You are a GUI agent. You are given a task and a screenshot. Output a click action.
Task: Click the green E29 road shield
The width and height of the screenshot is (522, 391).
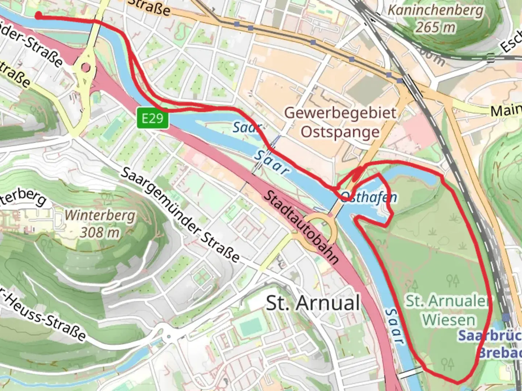(x=153, y=118)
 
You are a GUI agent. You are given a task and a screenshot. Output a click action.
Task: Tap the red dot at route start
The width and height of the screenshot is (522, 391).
(x=38, y=15)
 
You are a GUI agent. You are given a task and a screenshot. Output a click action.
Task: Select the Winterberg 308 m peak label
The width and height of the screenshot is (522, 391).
(x=100, y=224)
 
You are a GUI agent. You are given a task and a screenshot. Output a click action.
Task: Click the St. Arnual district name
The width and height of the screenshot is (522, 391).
(x=313, y=303)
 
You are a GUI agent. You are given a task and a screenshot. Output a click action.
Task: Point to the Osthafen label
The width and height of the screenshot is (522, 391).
(x=369, y=197)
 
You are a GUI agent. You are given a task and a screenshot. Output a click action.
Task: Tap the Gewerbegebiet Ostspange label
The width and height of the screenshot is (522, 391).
(x=340, y=122)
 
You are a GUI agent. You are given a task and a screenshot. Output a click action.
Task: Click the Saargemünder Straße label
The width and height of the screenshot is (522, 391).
(x=180, y=215)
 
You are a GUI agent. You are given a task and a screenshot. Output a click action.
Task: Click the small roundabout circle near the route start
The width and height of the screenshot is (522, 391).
(x=86, y=68)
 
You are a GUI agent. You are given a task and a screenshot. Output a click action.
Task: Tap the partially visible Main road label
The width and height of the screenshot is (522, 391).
(x=506, y=110)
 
